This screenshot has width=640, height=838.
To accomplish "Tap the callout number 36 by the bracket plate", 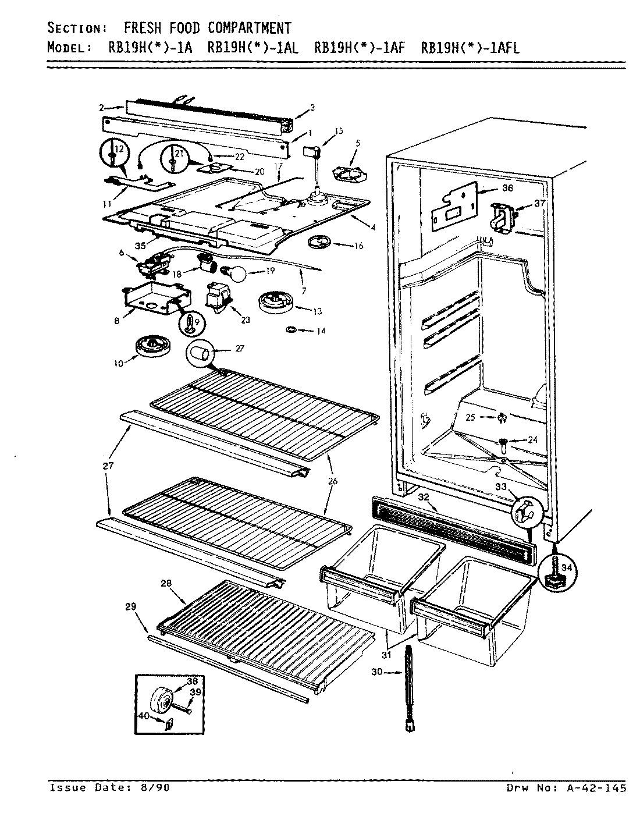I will click(508, 188).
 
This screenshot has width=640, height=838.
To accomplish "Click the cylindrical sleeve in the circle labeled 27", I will click(200, 353).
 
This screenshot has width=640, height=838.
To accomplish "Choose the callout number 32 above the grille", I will click(424, 496).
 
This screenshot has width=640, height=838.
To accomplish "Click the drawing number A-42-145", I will click(593, 788).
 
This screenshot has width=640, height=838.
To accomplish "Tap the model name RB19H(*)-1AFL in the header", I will click(470, 48).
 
